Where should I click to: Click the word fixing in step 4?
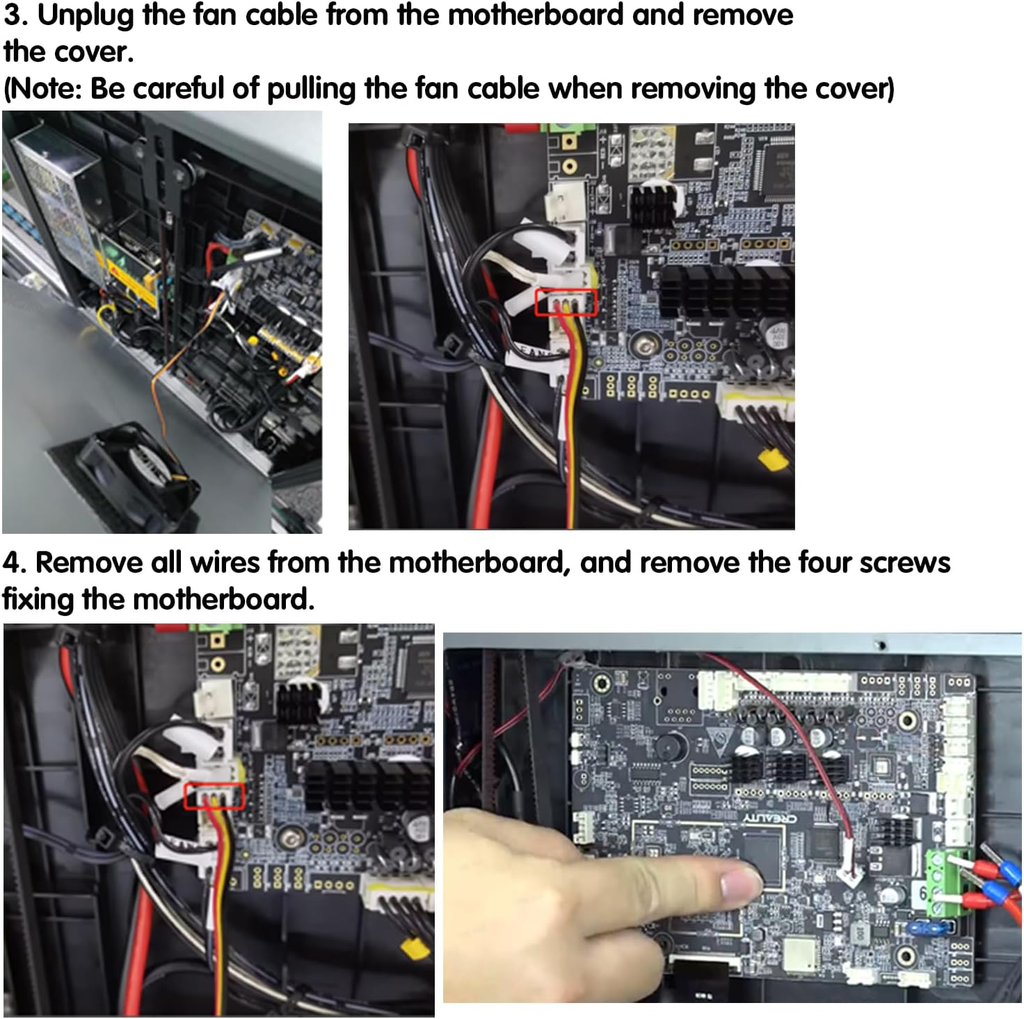point(38,599)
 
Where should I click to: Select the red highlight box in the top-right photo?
point(566,303)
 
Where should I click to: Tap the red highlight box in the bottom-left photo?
point(214,797)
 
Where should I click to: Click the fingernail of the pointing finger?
point(742,884)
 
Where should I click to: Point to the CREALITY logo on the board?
point(769,819)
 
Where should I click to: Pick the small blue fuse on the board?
point(926,928)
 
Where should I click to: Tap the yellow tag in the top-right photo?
point(774,459)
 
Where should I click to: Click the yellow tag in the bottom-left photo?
point(415,948)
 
